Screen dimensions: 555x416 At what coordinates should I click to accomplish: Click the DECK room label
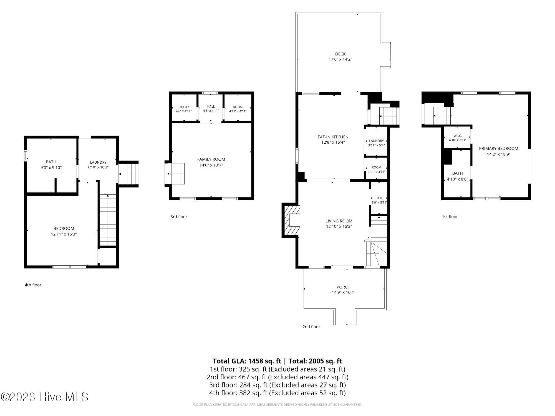click(x=340, y=54)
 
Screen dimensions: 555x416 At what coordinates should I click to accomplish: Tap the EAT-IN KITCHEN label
click(x=333, y=137)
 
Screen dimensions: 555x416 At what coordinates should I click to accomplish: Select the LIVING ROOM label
click(x=339, y=221)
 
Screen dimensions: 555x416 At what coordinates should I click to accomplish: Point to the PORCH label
click(x=344, y=287)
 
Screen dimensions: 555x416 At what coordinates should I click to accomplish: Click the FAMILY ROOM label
click(x=211, y=159)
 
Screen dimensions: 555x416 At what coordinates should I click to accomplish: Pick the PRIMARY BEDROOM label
click(x=499, y=148)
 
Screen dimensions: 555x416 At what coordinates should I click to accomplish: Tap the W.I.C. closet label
click(x=458, y=136)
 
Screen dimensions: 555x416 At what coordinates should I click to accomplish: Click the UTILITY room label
click(x=184, y=107)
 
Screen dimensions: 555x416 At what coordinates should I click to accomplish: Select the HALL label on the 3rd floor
click(x=211, y=106)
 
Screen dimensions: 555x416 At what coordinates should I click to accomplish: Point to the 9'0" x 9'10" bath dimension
click(x=51, y=168)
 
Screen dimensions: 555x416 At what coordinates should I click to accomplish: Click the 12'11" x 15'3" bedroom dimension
click(x=64, y=234)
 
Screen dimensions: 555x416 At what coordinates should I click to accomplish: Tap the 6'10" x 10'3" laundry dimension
click(x=98, y=167)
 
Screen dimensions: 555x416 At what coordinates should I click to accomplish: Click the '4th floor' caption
click(x=33, y=285)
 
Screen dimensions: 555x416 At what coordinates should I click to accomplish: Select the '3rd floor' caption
click(x=179, y=217)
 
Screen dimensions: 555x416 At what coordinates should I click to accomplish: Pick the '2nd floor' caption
click(x=311, y=327)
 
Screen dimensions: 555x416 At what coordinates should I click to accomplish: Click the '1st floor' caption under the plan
click(x=450, y=217)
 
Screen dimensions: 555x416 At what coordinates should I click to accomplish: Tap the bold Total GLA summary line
click(x=277, y=361)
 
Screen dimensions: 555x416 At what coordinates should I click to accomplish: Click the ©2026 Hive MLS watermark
click(x=44, y=397)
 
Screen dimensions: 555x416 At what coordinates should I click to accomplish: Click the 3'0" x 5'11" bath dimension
click(x=379, y=202)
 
